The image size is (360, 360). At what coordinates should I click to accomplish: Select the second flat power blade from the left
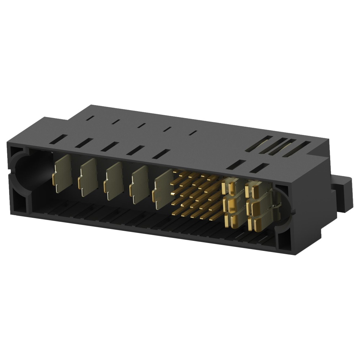point(87,174)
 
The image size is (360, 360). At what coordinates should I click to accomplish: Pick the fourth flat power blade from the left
point(138,181)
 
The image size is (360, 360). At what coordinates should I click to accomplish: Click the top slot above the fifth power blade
point(161,154)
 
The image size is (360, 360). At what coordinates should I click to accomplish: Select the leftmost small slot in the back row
point(90,117)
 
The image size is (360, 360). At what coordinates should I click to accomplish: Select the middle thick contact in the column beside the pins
point(232,204)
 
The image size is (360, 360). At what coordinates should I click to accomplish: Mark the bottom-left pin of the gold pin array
point(184,215)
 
